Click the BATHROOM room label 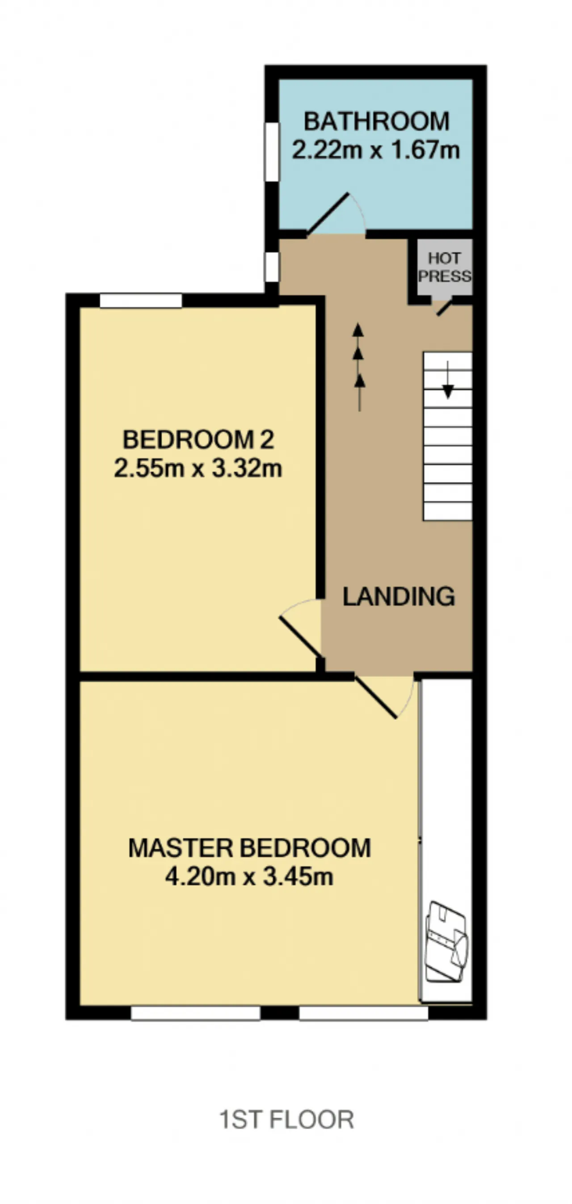coord(377,121)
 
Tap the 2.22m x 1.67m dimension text coord(376,150)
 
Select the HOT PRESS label coord(445,267)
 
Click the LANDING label coord(399,596)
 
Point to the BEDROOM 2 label coord(198,439)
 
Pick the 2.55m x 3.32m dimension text coord(198,468)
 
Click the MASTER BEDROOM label coord(250,848)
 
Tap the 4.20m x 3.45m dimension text coord(249,876)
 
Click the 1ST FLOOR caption coord(287,1121)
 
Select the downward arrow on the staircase coord(448,379)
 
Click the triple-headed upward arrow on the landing coord(359,367)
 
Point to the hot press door coord(445,308)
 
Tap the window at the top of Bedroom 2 coord(141,300)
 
